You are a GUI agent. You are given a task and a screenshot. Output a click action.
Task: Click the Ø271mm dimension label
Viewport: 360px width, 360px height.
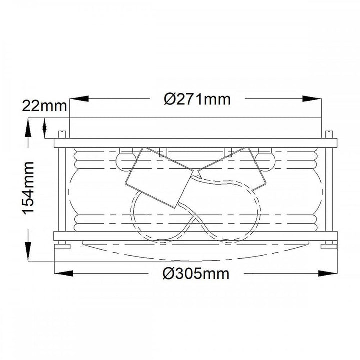pyautogui.click(x=197, y=99)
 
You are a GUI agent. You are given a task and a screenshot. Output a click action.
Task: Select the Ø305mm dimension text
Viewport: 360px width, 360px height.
pyautogui.click(x=196, y=274)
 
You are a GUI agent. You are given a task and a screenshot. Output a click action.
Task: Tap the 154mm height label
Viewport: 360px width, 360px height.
pyautogui.click(x=28, y=188)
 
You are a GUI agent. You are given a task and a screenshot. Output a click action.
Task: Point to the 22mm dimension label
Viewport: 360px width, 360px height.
pyautogui.click(x=44, y=106)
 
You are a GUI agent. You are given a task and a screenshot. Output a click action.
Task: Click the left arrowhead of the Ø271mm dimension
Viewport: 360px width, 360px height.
pyautogui.click(x=79, y=99)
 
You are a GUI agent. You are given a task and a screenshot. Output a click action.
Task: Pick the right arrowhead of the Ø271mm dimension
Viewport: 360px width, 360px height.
pyautogui.click(x=312, y=99)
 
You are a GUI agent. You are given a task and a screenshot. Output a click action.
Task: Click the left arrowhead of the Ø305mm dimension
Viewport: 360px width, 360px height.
pyautogui.click(x=64, y=273)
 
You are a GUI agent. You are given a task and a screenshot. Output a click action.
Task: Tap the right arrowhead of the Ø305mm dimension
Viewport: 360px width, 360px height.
pyautogui.click(x=328, y=273)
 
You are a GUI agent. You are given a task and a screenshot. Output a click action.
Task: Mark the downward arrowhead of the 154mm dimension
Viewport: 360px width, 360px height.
pyautogui.click(x=28, y=251)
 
